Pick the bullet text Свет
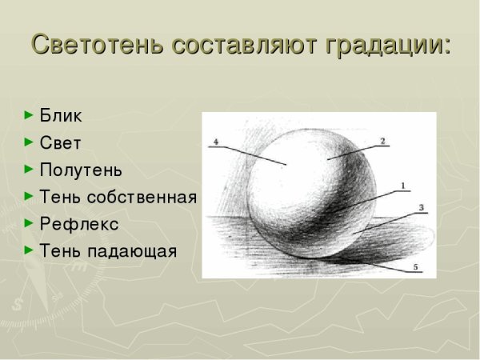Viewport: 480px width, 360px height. click(60, 142)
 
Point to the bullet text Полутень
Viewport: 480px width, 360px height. click(81, 170)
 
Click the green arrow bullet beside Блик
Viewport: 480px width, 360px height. click(30, 115)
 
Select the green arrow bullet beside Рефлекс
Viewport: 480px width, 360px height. click(30, 224)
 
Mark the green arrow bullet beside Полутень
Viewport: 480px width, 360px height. click(30, 170)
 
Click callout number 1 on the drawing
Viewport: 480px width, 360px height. click(402, 186)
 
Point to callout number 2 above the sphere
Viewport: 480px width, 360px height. click(382, 142)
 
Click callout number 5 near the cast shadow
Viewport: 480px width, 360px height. click(414, 266)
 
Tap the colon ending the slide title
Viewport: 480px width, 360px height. click(446, 46)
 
